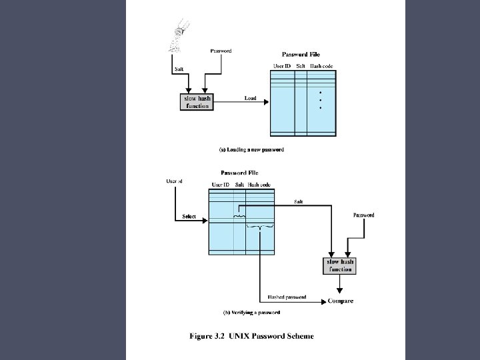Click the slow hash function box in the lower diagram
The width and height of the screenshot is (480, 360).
[339, 265]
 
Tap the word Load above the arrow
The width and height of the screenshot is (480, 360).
[250, 98]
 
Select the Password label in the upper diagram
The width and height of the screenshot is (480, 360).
[221, 51]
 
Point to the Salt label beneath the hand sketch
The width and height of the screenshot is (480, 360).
[179, 69]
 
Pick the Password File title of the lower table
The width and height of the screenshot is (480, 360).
[239, 173]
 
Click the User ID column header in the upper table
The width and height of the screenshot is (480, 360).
[282, 66]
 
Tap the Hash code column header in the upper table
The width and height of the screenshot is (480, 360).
[321, 66]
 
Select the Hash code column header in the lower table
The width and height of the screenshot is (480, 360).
[259, 184]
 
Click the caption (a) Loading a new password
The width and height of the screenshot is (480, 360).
[251, 150]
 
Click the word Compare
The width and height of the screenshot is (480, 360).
[341, 301]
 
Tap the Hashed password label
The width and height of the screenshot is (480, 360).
[287, 297]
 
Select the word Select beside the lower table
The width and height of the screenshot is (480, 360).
[189, 217]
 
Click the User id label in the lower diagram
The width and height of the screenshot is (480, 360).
[174, 181]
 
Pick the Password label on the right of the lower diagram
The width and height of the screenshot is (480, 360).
[363, 215]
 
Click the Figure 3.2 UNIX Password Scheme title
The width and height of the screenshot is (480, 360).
[252, 336]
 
